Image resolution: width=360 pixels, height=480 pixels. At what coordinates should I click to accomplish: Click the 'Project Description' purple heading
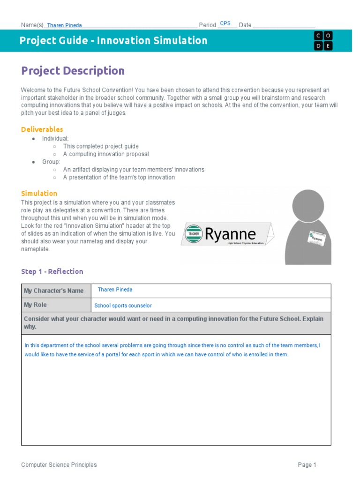(73, 71)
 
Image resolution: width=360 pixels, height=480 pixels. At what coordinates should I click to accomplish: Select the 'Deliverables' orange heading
(42, 129)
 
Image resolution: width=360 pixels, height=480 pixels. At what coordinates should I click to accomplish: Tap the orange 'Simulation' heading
(39, 193)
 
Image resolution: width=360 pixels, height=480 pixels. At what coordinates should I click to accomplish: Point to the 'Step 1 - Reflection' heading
(52, 271)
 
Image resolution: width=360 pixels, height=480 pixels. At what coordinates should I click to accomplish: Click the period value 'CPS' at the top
(225, 23)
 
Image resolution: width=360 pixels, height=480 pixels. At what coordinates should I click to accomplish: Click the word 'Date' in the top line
(245, 25)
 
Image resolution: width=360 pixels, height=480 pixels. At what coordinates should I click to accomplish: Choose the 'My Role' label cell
(35, 305)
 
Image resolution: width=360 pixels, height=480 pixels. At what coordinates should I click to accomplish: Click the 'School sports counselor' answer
(123, 306)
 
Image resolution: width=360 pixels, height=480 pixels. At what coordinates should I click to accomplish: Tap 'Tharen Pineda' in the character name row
(115, 290)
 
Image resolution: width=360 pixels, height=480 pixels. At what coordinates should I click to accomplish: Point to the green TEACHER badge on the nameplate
(193, 233)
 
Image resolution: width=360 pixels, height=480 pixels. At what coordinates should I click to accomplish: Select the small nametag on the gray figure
(316, 238)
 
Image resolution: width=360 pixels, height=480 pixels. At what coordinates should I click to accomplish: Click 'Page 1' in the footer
(307, 465)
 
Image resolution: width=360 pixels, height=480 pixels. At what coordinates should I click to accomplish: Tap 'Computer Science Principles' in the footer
(59, 465)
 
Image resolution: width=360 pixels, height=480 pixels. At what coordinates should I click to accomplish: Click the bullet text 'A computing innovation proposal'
(106, 154)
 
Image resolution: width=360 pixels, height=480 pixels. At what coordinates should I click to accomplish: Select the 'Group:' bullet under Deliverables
(51, 162)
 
